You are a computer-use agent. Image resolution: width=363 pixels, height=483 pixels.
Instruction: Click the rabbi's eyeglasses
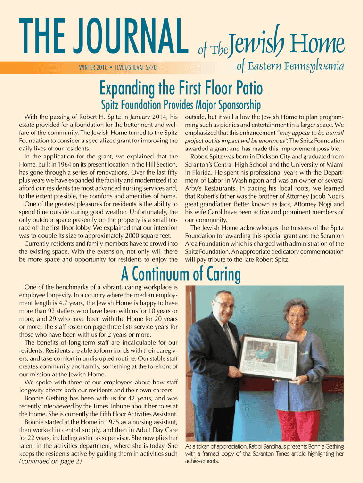tap(226, 305)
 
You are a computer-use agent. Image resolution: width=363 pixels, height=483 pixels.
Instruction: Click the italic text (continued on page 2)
tap(50, 461)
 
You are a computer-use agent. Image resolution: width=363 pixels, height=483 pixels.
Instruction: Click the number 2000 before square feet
tap(124, 234)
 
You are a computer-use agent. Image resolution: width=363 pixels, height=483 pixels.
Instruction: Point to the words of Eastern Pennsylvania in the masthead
tap(289, 67)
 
